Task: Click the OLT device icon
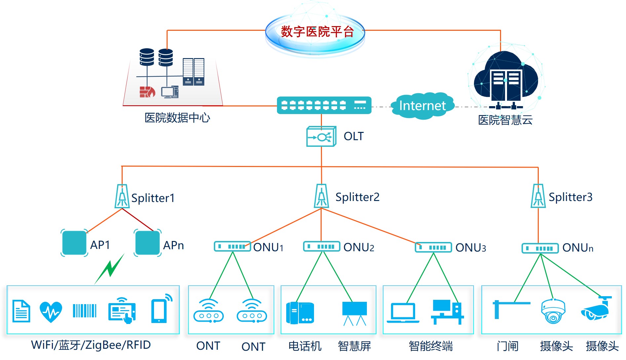321,136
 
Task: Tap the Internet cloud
422,106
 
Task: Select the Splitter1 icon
122,196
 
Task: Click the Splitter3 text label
570,197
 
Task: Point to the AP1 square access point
74,243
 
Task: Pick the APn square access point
147,243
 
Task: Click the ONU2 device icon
322,247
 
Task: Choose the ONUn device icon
540,248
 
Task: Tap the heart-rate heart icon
51,312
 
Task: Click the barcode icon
85,311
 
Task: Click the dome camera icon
553,311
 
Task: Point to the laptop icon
403,313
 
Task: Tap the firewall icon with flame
147,92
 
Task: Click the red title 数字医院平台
317,32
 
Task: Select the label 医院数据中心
177,118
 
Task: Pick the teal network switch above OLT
324,105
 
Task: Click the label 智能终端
431,346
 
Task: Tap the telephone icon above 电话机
300,313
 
